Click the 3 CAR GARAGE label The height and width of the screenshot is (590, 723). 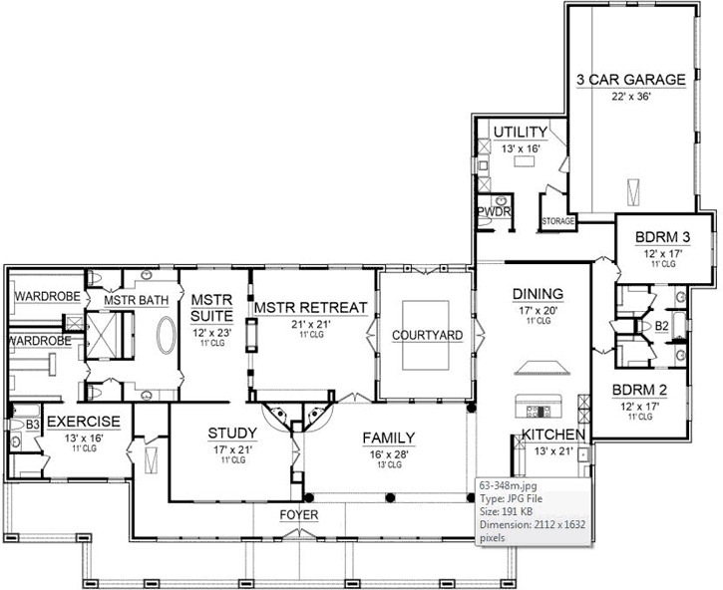pyautogui.click(x=630, y=80)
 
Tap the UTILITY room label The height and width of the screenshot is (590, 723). pyautogui.click(x=520, y=132)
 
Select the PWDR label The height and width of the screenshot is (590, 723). pyautogui.click(x=493, y=212)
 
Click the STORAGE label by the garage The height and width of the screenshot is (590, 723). pyautogui.click(x=557, y=220)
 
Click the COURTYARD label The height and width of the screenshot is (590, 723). pyautogui.click(x=426, y=336)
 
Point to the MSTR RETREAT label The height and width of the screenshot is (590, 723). pyautogui.click(x=310, y=307)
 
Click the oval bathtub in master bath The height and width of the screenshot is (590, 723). pyautogui.click(x=165, y=340)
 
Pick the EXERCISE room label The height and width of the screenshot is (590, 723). pyautogui.click(x=84, y=422)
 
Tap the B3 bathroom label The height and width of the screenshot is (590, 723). pyautogui.click(x=32, y=425)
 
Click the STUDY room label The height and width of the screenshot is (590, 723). pyautogui.click(x=232, y=433)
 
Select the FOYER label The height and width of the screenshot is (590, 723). pyautogui.click(x=301, y=516)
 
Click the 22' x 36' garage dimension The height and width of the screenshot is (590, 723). pyautogui.click(x=630, y=97)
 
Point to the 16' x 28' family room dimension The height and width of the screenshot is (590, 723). pyautogui.click(x=389, y=452)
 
